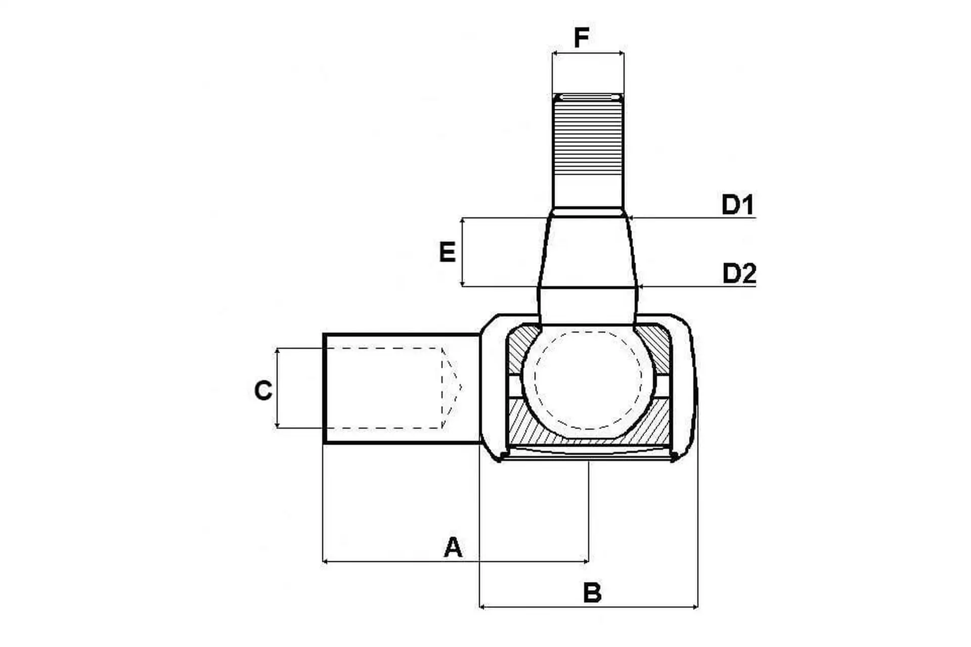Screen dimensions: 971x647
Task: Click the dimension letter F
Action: point(582,37)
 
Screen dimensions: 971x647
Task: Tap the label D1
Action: point(737,205)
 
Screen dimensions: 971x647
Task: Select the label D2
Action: point(739,273)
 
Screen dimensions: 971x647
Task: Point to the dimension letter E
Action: point(448,252)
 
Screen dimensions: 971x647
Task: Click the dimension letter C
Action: point(263,391)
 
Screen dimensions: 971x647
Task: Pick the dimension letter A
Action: point(453,547)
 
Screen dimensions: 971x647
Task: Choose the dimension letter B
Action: point(592,593)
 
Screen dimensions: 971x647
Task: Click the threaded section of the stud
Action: point(588,135)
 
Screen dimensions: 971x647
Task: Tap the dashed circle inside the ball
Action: point(588,380)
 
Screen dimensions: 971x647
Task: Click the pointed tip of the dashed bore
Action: point(461,388)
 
